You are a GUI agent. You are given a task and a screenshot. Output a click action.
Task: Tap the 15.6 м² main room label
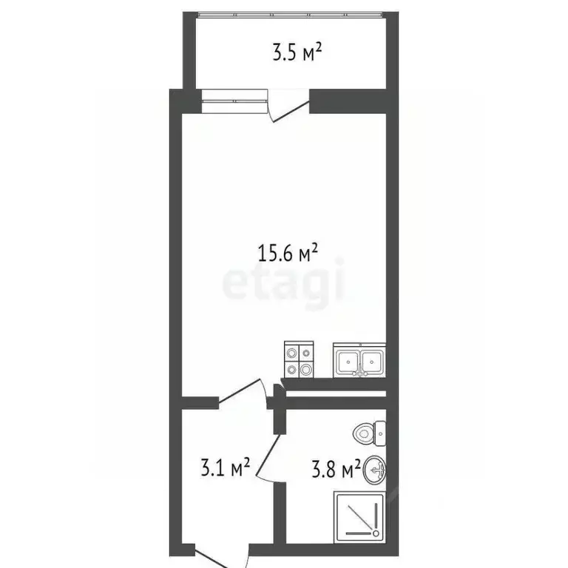tap(288, 254)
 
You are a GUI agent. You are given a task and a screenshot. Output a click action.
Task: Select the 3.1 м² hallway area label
tap(225, 467)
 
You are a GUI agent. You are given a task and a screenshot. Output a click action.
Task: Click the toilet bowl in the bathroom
tap(365, 433)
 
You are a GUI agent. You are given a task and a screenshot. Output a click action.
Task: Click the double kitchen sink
tap(359, 361)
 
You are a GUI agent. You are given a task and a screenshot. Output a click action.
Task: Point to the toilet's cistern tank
tap(380, 433)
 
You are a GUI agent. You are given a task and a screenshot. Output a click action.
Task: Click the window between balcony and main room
tap(234, 101)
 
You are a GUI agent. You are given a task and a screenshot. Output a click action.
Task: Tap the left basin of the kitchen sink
tap(346, 362)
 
